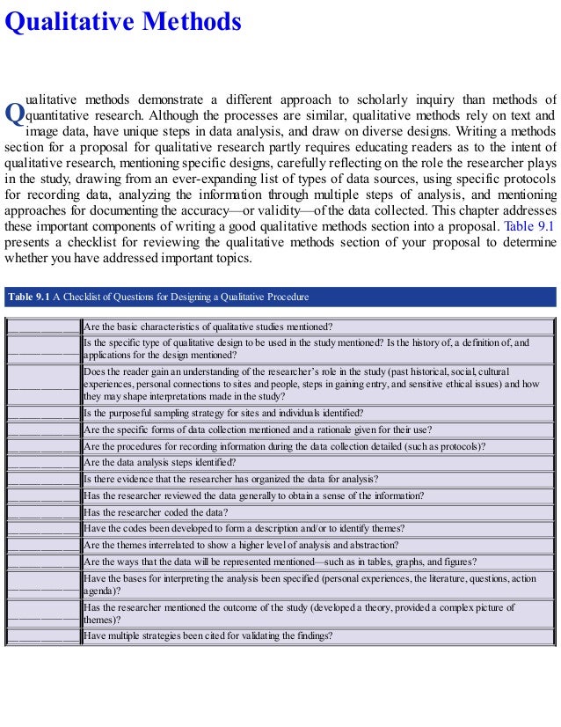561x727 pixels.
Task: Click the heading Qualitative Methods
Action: tap(123, 21)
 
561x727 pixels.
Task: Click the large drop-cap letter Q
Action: tap(15, 114)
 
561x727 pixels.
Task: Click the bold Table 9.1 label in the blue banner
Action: tap(28, 297)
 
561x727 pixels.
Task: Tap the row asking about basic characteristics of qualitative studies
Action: tap(208, 327)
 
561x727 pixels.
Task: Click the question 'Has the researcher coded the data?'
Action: tap(156, 512)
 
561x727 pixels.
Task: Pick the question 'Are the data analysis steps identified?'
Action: tap(160, 462)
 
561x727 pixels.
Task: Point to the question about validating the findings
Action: tap(208, 636)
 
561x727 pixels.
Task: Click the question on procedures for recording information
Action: tap(284, 446)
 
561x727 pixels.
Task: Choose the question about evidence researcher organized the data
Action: tap(230, 479)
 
